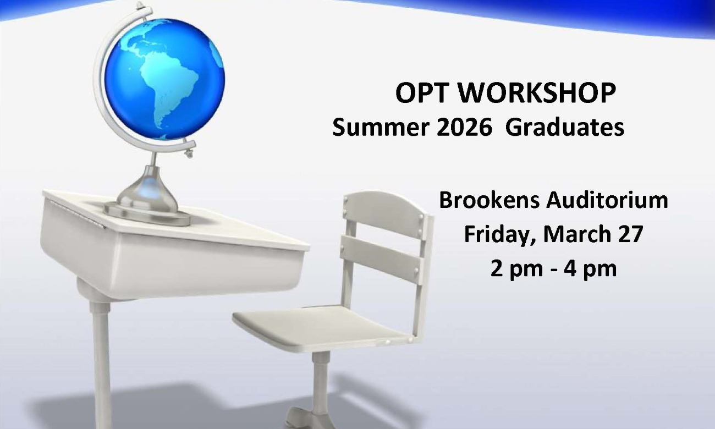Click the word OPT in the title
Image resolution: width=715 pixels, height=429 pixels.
click(422, 94)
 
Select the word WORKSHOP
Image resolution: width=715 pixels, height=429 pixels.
click(537, 94)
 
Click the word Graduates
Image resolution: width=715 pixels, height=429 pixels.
click(565, 128)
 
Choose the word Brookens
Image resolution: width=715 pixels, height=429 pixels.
click(488, 201)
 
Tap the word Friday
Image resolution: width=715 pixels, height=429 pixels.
click(498, 234)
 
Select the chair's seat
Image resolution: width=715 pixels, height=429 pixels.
click(319, 327)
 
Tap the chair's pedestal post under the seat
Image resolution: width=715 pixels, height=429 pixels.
click(320, 380)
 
